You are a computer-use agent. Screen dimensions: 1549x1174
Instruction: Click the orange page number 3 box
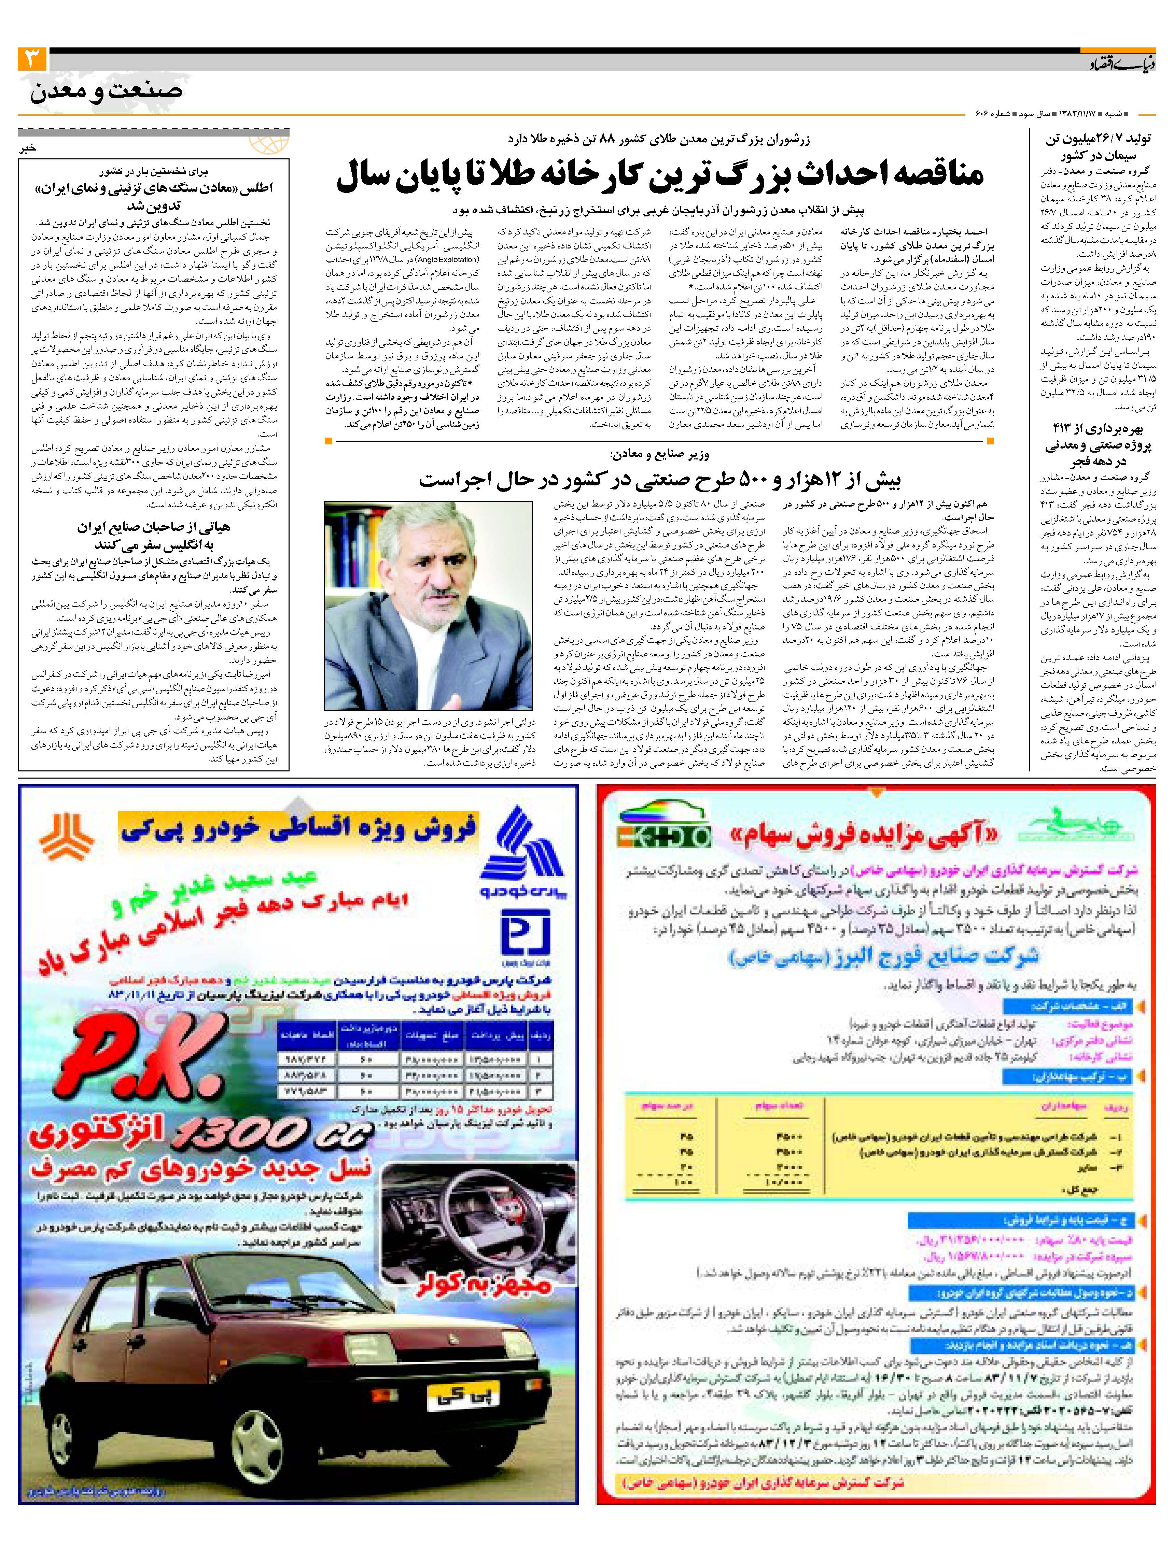pyautogui.click(x=32, y=59)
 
